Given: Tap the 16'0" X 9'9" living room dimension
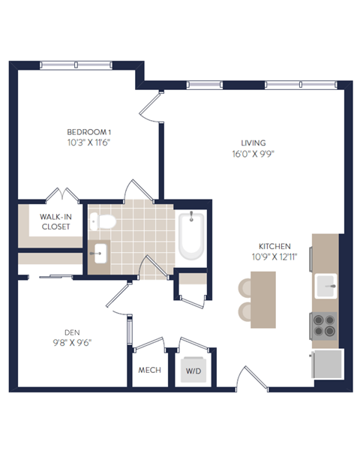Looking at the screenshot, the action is point(253,154).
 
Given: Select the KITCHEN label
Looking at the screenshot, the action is point(274,246).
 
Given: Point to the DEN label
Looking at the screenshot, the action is point(72,332).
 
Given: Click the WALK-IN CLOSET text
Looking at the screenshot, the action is point(55,221).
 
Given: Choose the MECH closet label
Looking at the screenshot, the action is point(150,370).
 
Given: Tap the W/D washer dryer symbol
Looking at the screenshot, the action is point(193,369).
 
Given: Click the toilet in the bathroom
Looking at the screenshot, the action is point(103,221).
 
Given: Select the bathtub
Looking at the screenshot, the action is point(191,236).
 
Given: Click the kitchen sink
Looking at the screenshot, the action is point(325,286).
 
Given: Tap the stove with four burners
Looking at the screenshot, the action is point(324,326).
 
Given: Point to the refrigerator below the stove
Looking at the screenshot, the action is point(327,364).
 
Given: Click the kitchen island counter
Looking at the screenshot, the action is point(263,299).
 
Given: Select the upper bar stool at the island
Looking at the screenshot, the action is point(245,287).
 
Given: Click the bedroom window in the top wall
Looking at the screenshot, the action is point(76,65).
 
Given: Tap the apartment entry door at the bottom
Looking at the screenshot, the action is point(252,379).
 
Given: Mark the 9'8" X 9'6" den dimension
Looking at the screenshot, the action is point(72,343).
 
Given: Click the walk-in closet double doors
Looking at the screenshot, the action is point(62,195).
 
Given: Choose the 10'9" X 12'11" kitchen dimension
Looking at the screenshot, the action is point(274,257).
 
